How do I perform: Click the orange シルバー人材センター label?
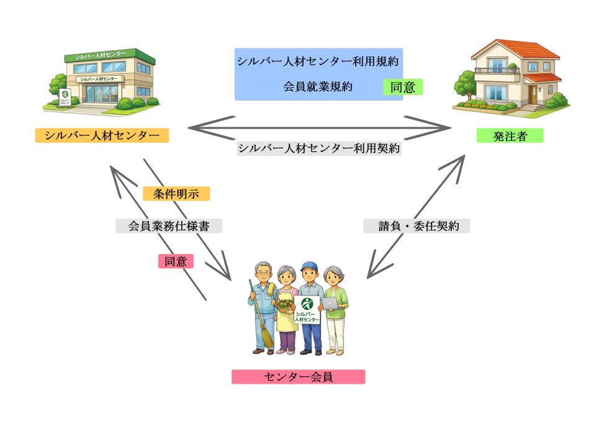(x=102, y=135)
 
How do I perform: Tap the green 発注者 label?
(x=510, y=136)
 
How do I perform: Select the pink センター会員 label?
(x=298, y=377)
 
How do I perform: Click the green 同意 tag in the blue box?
(x=402, y=87)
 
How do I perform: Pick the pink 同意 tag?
(x=176, y=261)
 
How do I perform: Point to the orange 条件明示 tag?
(x=176, y=194)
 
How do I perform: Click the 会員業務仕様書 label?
(x=169, y=227)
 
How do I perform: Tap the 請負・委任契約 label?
(x=416, y=227)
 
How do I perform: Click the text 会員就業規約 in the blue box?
(x=318, y=86)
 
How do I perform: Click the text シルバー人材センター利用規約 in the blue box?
(x=318, y=62)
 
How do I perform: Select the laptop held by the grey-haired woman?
(x=329, y=304)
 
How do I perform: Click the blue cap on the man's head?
(x=309, y=266)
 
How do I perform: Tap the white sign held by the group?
(x=307, y=309)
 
